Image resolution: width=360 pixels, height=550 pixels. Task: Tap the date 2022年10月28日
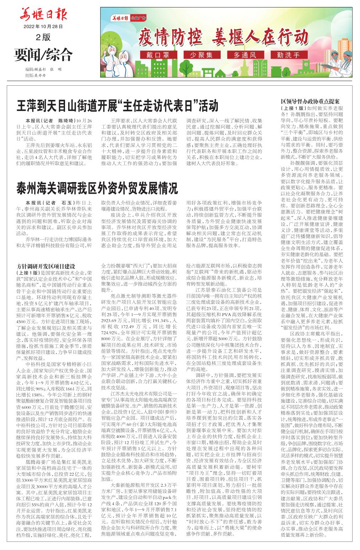point(43,27)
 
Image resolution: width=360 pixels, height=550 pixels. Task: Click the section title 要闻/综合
point(43,54)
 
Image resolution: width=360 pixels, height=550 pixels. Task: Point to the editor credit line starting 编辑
point(43,69)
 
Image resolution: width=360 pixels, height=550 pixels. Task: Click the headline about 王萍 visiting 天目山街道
point(117,106)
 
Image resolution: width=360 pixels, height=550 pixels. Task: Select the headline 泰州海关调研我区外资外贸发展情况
point(97,188)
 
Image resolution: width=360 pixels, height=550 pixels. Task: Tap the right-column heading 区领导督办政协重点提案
point(310,102)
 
